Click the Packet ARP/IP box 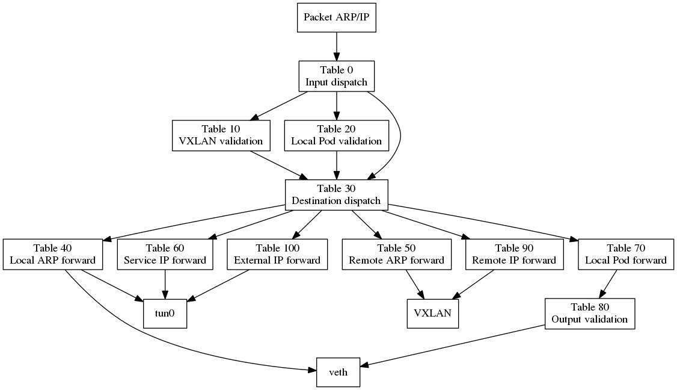pyautogui.click(x=336, y=17)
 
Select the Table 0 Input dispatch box pyautogui.click(x=336, y=76)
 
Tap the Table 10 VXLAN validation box pyautogui.click(x=221, y=135)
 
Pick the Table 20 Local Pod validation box pyautogui.click(x=336, y=135)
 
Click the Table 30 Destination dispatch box pyautogui.click(x=336, y=195)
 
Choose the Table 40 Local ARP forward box pyautogui.click(x=53, y=254)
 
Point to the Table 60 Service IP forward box pyautogui.click(x=165, y=254)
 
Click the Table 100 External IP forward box pyautogui.click(x=277, y=254)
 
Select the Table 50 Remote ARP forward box pyautogui.click(x=396, y=254)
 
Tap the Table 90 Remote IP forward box pyautogui.click(x=514, y=254)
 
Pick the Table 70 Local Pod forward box pyautogui.click(x=625, y=254)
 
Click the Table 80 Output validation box pyautogui.click(x=589, y=314)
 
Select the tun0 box pyautogui.click(x=165, y=314)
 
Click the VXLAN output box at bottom pyautogui.click(x=432, y=314)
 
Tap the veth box pyautogui.click(x=338, y=373)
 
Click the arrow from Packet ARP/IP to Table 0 pyautogui.click(x=336, y=46)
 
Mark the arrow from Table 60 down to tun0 pyautogui.click(x=165, y=283)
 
